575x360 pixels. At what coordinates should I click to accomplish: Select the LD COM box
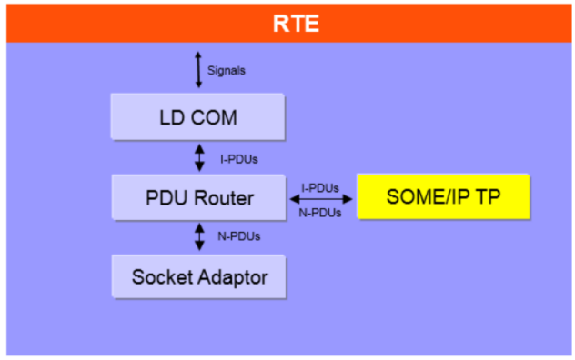[x=198, y=117]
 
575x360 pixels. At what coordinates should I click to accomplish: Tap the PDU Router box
[x=198, y=196]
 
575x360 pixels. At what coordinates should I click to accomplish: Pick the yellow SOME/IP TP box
[x=443, y=196]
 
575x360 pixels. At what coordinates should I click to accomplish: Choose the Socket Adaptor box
[x=198, y=276]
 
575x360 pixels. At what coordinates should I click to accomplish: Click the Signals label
[x=227, y=70]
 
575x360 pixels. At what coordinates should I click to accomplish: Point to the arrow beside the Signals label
[x=198, y=69]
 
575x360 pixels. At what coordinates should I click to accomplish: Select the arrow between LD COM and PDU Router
[x=199, y=156]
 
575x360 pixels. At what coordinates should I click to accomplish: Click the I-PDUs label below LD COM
[x=238, y=159]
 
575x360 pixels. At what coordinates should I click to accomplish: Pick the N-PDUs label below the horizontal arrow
[x=319, y=213]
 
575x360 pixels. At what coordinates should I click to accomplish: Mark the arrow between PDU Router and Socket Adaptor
[x=199, y=236]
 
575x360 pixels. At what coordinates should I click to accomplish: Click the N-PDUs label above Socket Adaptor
[x=238, y=237]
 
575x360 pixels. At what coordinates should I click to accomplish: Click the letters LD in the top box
[x=169, y=117]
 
